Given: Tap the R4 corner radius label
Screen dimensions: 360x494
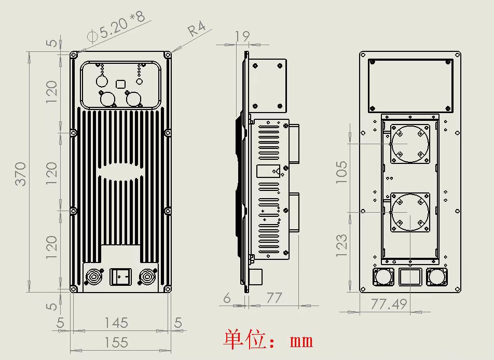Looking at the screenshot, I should tap(195, 29).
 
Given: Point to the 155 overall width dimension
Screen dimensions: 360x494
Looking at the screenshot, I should tap(116, 342).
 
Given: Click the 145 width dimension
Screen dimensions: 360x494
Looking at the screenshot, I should tap(116, 323).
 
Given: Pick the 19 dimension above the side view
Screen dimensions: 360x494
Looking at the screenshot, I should tap(242, 36).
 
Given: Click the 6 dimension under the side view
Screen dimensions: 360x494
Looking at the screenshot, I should tap(227, 298).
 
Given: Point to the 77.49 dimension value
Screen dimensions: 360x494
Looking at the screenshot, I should tap(388, 304).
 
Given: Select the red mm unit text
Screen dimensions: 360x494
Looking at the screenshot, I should tap(301, 341).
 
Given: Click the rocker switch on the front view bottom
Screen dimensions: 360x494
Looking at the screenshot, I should tap(120, 276).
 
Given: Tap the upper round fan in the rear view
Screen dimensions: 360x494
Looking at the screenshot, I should tap(410, 143).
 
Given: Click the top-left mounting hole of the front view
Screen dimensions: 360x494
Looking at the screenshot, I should tap(74, 54).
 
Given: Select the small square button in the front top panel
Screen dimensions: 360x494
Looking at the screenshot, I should tap(121, 83).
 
